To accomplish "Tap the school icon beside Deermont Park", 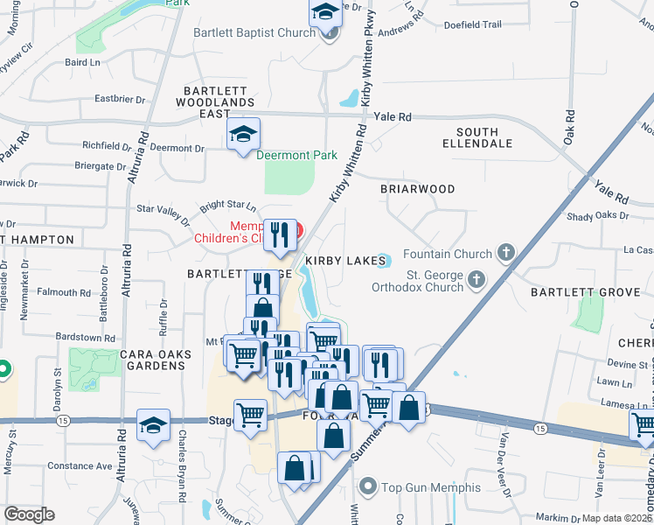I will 243,135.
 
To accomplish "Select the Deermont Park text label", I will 296,156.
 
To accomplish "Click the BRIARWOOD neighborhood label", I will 418,189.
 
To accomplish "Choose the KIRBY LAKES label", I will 345,261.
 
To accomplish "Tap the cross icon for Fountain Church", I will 505,254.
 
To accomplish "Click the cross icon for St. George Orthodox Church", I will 477,280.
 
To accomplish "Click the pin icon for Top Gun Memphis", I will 368,486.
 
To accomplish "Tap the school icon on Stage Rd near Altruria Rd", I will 154,426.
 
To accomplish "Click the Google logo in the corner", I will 29,514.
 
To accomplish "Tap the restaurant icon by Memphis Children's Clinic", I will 279,234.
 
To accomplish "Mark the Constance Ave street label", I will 79,465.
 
